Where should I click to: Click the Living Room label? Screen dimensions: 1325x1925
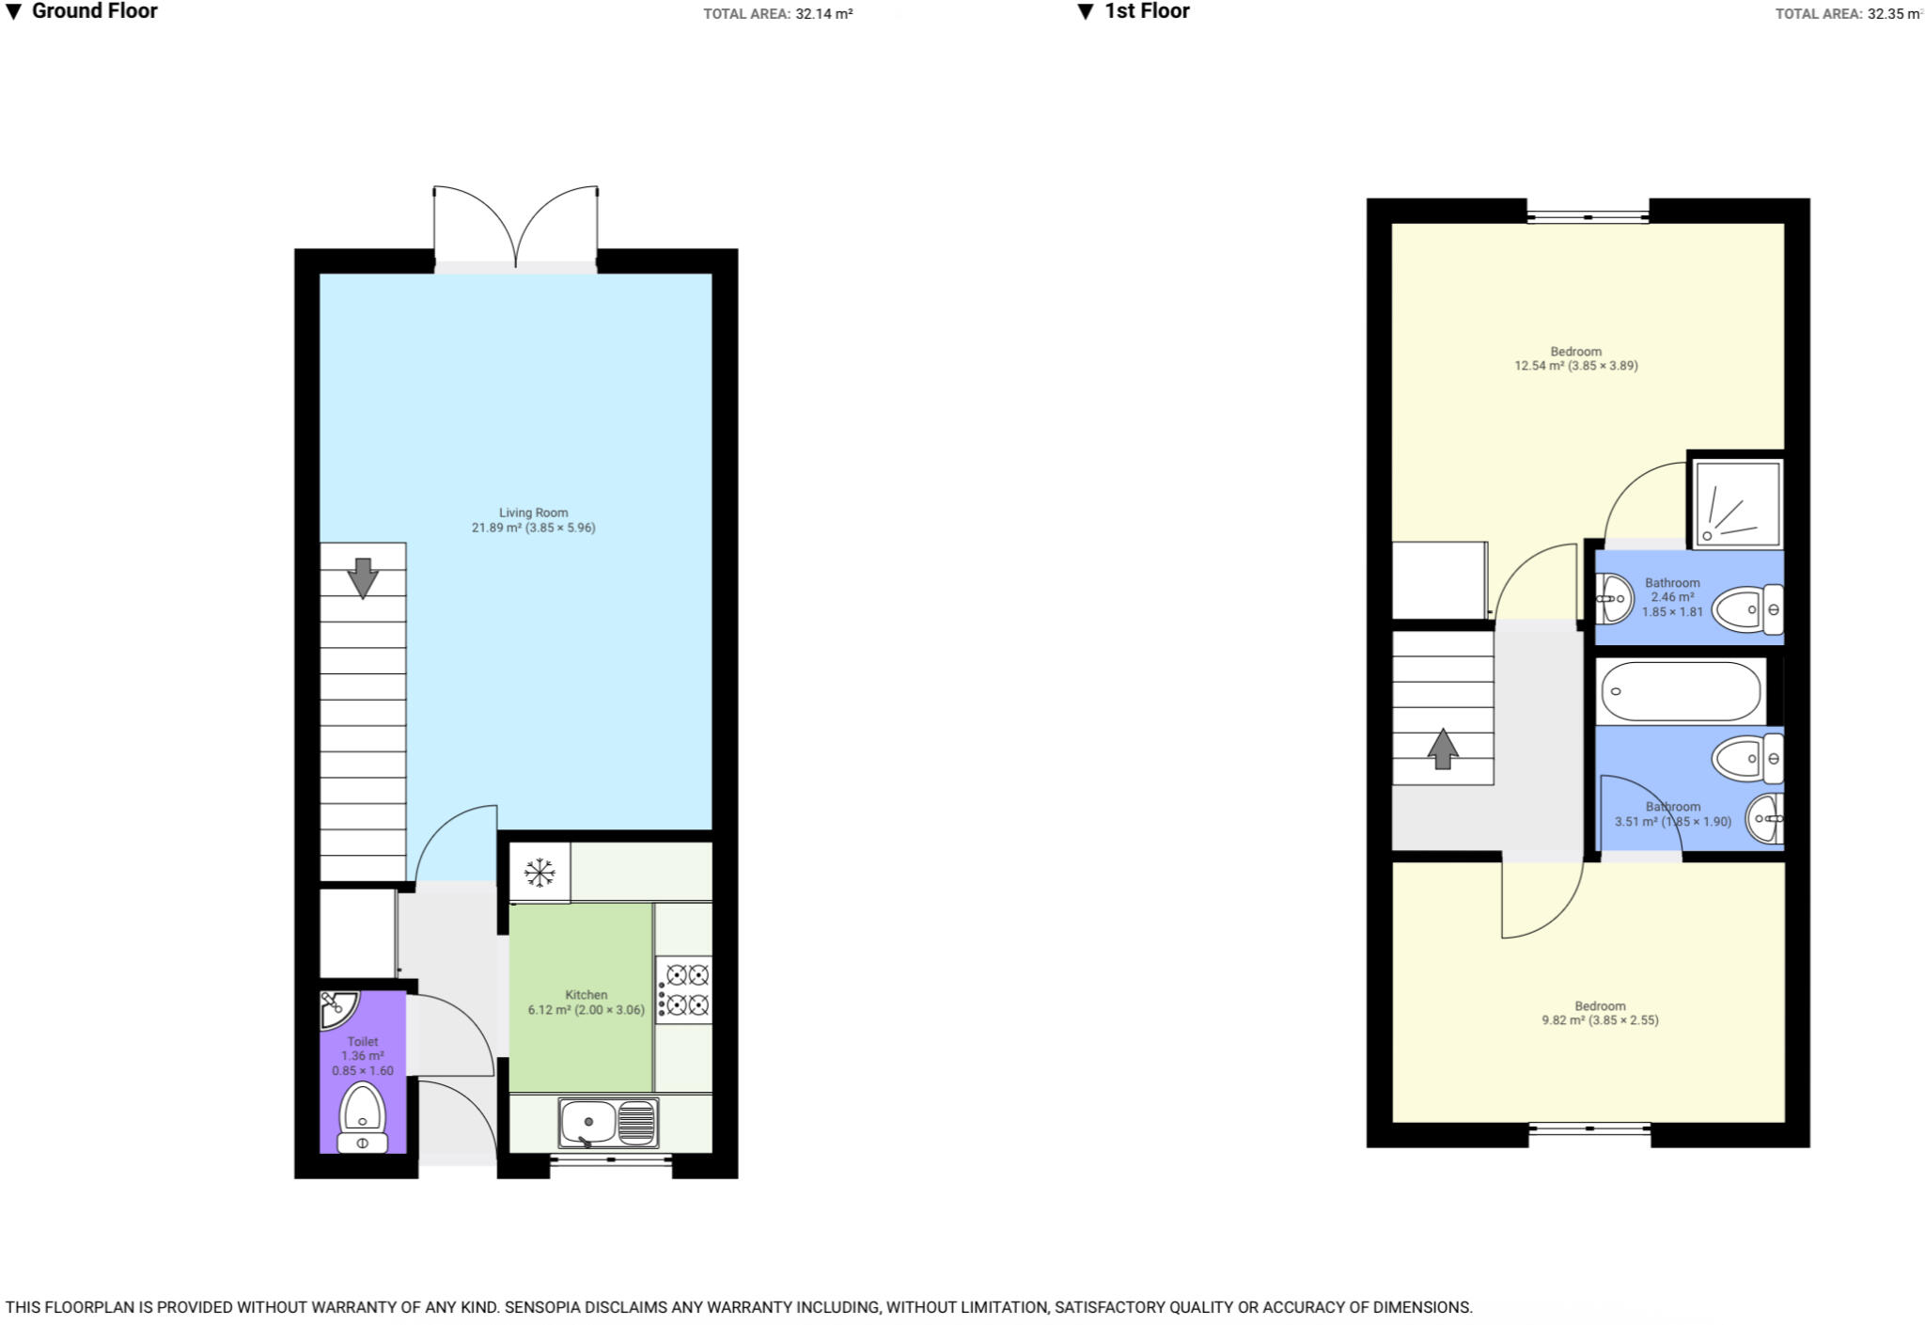533,513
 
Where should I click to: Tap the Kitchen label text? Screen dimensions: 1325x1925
586,995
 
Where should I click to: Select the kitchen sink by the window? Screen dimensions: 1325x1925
608,1123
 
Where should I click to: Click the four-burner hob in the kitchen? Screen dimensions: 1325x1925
684,990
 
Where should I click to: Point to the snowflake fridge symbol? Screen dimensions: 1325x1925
540,873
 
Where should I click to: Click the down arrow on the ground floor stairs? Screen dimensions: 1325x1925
363,577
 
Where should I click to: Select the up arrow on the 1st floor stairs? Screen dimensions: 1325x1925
1443,749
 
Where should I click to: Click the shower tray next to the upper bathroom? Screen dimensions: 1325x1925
1736,503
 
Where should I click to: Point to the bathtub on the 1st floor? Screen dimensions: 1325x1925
1680,691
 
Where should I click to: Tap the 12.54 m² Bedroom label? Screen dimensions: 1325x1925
1575,358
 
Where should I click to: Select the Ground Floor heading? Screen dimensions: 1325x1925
94,11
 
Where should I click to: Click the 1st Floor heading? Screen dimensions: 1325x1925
1146,11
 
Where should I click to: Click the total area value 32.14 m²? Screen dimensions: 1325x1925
823,14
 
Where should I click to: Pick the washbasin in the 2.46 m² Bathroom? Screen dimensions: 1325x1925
1616,598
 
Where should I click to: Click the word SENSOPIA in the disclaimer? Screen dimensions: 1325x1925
544,1307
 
